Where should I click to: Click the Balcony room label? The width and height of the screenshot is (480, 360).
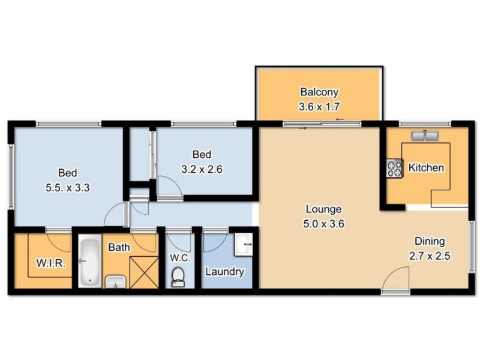pos(319,92)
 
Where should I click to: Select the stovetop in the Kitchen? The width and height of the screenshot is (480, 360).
pos(394,168)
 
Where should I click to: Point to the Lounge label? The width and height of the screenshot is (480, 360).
pos(323,209)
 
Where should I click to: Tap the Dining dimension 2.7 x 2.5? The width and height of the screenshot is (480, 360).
pos(430,256)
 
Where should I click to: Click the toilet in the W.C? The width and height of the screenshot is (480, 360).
pos(178,275)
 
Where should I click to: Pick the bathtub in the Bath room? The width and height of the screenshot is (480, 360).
pos(91,262)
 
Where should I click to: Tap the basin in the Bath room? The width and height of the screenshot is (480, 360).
pos(115,281)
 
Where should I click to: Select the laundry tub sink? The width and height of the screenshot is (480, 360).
pos(244,244)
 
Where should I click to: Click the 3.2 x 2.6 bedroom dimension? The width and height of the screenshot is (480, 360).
pos(203,169)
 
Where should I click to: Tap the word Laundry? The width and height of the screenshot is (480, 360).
pos(224,272)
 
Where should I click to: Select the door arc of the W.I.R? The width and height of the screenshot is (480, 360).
pos(58,241)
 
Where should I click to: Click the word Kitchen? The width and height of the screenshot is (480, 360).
pos(426,167)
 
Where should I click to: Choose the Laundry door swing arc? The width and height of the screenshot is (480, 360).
pos(213,241)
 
